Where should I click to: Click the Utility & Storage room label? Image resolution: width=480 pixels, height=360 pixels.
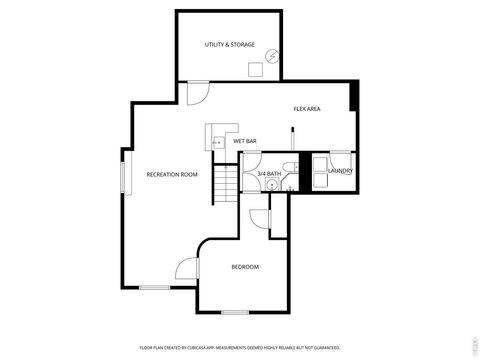(x=229, y=45)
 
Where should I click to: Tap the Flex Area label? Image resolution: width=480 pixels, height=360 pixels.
(x=306, y=108)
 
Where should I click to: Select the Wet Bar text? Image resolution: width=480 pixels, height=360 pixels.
(x=245, y=142)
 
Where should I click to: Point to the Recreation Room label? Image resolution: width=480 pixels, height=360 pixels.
(x=172, y=174)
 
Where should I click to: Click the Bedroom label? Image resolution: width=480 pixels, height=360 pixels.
(x=245, y=267)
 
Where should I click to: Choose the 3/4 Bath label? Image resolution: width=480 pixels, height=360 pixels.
(x=268, y=174)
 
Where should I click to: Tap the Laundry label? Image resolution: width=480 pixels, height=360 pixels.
(x=341, y=171)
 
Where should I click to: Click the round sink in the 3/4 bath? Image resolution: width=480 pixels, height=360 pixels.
(x=270, y=184)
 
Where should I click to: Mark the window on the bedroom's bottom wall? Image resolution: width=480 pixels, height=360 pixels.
(x=235, y=312)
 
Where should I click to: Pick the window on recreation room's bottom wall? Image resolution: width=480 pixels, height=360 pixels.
(x=154, y=287)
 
